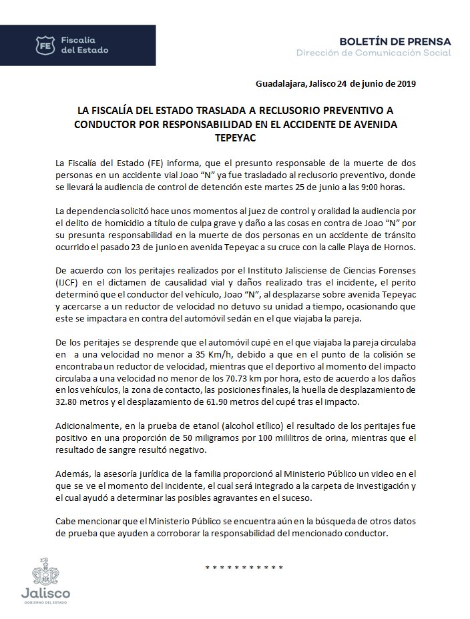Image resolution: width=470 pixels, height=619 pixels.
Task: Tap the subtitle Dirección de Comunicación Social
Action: click(373, 53)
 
